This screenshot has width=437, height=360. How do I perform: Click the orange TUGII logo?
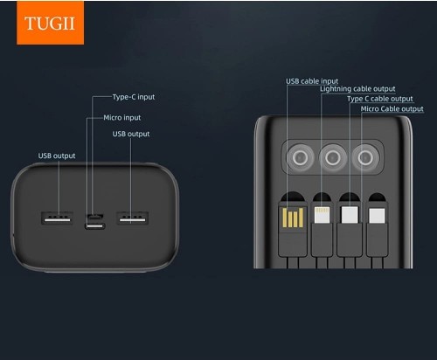point(50,23)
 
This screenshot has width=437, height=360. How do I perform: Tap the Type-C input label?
point(134,97)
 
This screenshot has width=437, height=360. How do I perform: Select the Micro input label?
point(122,118)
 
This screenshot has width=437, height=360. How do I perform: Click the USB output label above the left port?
point(57,156)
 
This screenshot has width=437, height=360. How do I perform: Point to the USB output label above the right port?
point(131,134)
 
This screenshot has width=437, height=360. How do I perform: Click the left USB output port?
point(57,218)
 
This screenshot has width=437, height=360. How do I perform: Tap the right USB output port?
point(133,218)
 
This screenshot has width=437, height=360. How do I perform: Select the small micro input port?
point(94,217)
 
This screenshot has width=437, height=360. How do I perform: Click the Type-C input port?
point(95,226)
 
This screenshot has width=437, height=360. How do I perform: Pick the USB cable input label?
point(312,81)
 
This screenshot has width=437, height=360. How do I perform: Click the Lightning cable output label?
point(357,89)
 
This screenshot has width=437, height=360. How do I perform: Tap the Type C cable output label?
point(380,99)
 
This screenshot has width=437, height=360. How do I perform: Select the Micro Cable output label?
point(392,109)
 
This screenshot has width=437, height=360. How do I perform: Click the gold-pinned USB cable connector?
point(293,218)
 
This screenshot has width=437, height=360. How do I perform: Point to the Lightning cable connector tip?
point(322,215)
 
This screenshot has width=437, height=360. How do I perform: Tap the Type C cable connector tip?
point(350,215)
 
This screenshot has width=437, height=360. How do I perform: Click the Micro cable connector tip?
point(377,216)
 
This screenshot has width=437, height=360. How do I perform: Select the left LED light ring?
point(301,158)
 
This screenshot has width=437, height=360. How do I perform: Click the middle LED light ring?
point(333,158)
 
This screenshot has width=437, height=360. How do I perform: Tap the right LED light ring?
point(365,158)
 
